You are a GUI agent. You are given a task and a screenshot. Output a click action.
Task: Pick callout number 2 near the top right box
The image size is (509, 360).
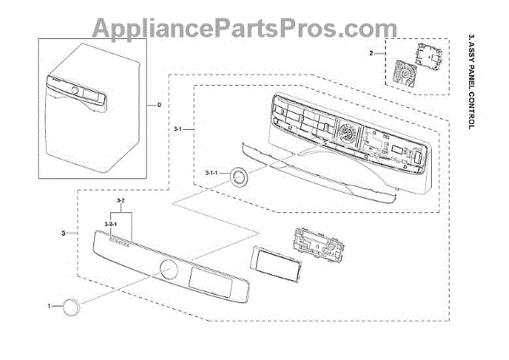tap(371, 53)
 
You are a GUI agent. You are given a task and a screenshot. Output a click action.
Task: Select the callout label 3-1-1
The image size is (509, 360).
tap(211, 172)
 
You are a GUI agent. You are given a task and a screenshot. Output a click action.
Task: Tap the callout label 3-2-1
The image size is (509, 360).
tap(109, 223)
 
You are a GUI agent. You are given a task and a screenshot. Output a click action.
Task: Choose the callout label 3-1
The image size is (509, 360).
tap(178, 128)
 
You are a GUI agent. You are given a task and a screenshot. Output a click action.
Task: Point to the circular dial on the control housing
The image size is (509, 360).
tap(346, 134)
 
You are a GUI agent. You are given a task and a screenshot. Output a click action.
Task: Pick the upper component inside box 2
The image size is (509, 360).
tap(422, 53)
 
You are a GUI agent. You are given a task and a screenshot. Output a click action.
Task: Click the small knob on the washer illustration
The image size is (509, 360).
tap(74, 88)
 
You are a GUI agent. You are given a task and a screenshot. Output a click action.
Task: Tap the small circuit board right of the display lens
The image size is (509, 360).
tap(318, 245)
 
